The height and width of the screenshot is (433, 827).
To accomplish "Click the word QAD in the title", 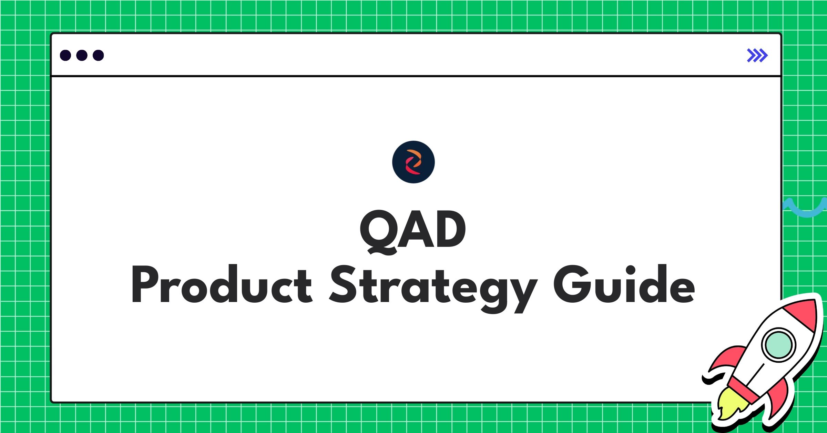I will (x=413, y=229).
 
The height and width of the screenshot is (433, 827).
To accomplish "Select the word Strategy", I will (x=433, y=286).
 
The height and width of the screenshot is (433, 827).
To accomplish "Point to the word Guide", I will (x=624, y=284).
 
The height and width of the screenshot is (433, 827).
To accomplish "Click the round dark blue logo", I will (x=413, y=162).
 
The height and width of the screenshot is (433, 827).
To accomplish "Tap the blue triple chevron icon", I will (x=757, y=56).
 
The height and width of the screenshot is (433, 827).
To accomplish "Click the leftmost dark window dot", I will (x=65, y=56).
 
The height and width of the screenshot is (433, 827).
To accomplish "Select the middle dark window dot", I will (x=82, y=56).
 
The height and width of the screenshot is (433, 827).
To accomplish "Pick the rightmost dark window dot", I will (x=98, y=56).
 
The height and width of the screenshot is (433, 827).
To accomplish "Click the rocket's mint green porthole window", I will (x=778, y=345).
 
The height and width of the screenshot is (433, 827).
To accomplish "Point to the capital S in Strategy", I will (x=343, y=284).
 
